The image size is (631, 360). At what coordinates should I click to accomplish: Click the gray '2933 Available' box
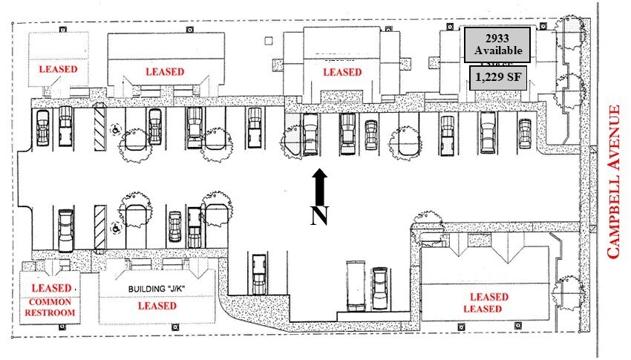(498, 45)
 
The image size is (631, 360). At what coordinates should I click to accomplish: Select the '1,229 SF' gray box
(498, 78)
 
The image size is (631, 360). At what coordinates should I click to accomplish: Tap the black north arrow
(319, 186)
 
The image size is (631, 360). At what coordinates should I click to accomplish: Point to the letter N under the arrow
(319, 216)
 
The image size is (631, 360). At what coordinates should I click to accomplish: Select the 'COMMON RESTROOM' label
(50, 307)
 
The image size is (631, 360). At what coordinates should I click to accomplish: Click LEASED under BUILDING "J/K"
(157, 305)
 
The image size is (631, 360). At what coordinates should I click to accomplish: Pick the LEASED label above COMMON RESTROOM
(51, 287)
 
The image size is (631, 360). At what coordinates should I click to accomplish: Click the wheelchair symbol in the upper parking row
(115, 128)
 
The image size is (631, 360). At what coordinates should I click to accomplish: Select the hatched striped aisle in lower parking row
(99, 226)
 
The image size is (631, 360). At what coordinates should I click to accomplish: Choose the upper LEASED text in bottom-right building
(488, 297)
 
